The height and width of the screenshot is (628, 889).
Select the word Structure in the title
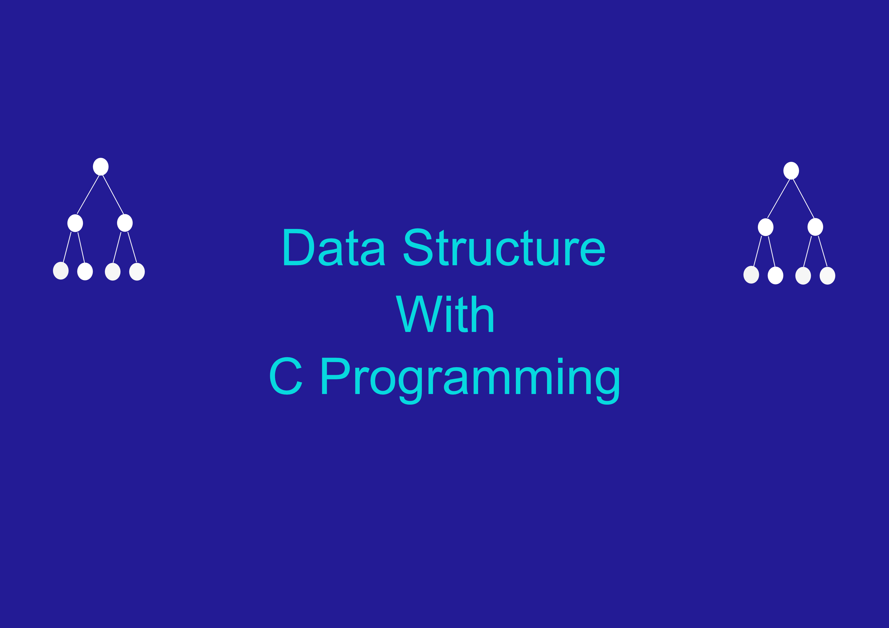tap(504, 247)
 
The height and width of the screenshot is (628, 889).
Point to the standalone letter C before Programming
tap(286, 376)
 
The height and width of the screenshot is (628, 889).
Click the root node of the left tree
tap(101, 167)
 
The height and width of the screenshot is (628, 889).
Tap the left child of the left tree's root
tap(75, 223)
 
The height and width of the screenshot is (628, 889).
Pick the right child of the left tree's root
tap(125, 223)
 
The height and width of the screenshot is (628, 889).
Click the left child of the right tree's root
tap(766, 227)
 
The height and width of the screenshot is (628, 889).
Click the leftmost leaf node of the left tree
tap(61, 271)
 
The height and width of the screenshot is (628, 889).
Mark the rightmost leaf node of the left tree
tap(137, 272)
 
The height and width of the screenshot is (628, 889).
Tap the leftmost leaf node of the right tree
tap(751, 274)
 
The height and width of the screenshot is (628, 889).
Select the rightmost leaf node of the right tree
tap(827, 276)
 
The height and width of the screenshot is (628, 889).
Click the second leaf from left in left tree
tap(85, 271)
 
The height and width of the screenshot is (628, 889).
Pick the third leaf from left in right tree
tap(803, 276)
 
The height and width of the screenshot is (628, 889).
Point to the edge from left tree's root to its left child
tap(88, 194)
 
